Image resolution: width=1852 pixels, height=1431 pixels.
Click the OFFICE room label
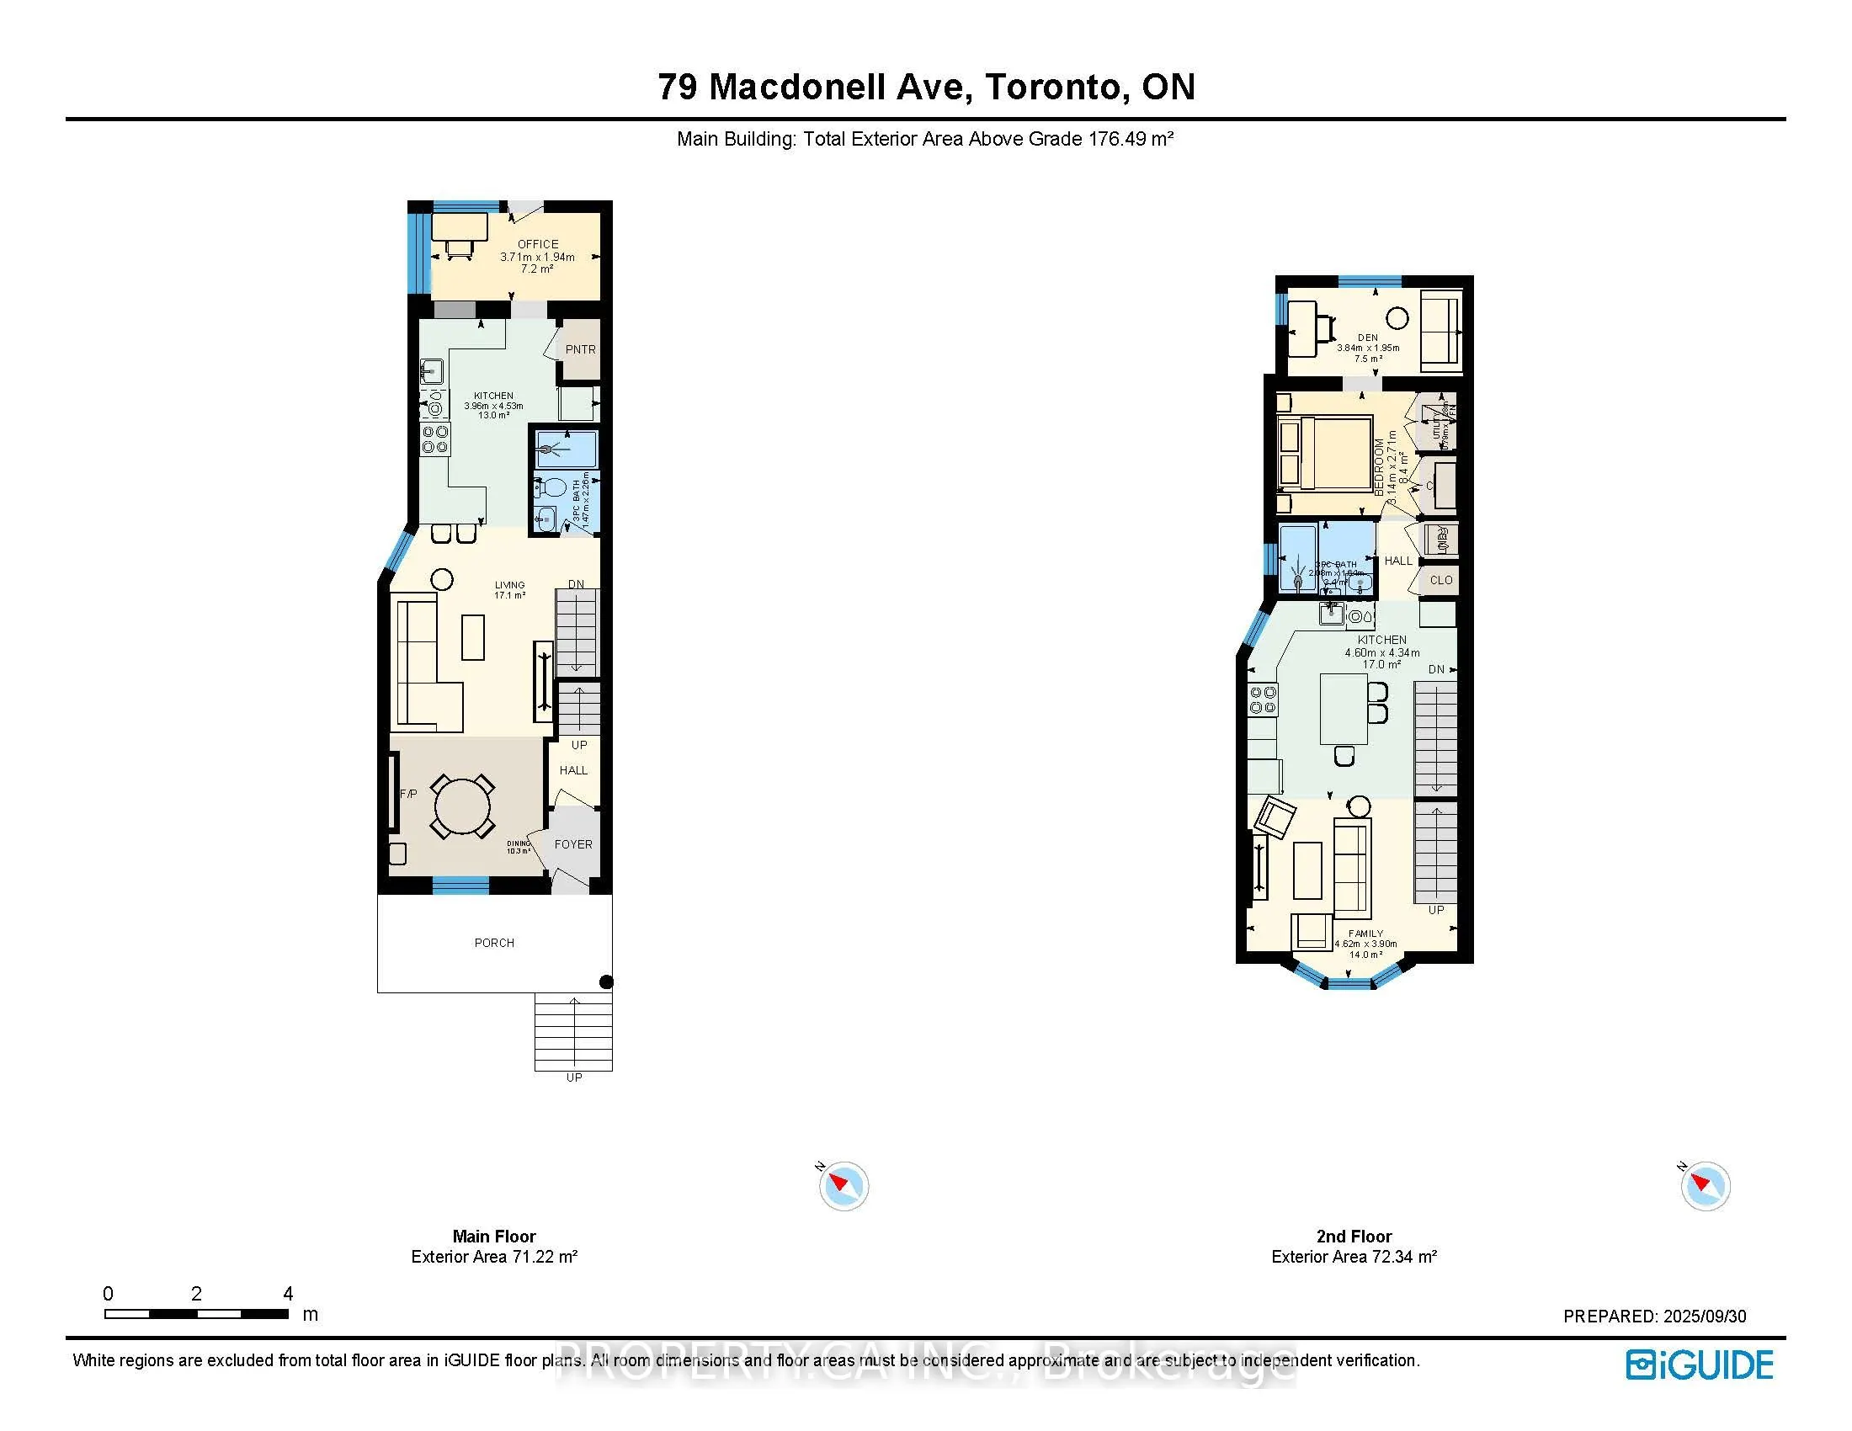tap(538, 244)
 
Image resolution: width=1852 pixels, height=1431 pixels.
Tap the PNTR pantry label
tap(580, 349)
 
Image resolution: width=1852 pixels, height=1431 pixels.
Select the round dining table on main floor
tap(462, 806)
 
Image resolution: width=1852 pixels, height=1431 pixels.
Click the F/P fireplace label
tap(408, 795)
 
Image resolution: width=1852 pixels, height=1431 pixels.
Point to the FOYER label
tap(573, 844)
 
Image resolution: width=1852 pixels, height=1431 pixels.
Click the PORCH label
tap(494, 943)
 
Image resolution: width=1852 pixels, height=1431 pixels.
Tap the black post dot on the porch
tap(606, 982)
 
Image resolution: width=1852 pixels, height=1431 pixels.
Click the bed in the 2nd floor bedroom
tap(1325, 453)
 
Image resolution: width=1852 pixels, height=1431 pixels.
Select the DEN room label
tap(1367, 338)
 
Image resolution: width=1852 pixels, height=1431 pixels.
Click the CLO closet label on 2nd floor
tap(1440, 581)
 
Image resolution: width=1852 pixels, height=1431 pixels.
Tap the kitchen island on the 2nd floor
tap(1344, 709)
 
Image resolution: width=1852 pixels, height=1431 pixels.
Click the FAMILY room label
tap(1365, 934)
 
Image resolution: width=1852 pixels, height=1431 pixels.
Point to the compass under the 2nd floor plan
tap(1705, 1185)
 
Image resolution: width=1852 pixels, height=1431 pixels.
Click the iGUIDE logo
tap(1700, 1365)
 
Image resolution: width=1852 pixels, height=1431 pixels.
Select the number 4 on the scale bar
tap(288, 1294)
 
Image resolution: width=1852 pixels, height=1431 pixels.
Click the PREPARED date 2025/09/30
tap(1705, 1317)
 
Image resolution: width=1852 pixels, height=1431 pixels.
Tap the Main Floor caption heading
tap(493, 1236)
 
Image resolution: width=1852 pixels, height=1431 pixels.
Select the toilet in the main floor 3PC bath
tap(553, 487)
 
